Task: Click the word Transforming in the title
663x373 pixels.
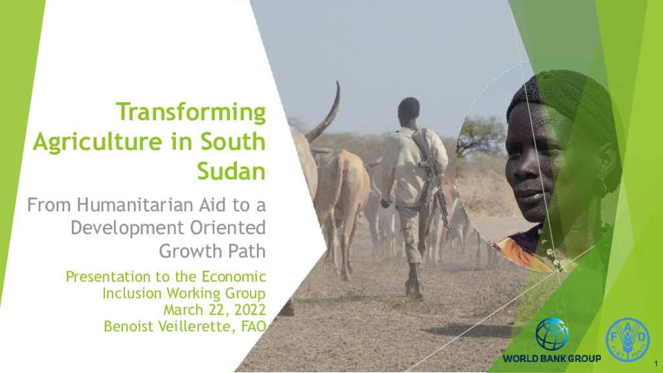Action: pyautogui.click(x=190, y=112)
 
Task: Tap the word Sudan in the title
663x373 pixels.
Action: pyautogui.click(x=231, y=170)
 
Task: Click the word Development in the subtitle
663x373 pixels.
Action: pyautogui.click(x=126, y=228)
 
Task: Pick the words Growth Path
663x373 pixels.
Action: pyautogui.click(x=212, y=251)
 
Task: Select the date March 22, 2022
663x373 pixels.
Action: pyautogui.click(x=214, y=310)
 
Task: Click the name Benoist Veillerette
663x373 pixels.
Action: pyautogui.click(x=170, y=326)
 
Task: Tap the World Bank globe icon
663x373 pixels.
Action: pyautogui.click(x=552, y=334)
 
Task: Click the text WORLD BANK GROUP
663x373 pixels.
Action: pyautogui.click(x=552, y=358)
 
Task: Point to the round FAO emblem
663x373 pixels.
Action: pyautogui.click(x=627, y=339)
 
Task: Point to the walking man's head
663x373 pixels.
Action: pyautogui.click(x=409, y=110)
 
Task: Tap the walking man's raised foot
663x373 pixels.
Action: pyautogui.click(x=412, y=288)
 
